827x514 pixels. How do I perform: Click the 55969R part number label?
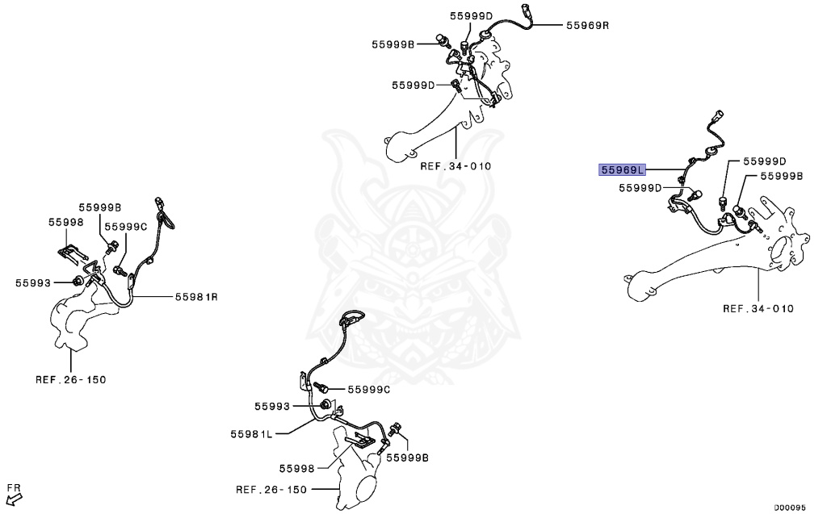point(587,25)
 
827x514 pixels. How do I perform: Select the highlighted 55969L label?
point(622,169)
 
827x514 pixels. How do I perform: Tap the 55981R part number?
point(197,297)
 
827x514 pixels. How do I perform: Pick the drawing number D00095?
point(790,508)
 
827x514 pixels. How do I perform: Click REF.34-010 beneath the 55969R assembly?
point(455,166)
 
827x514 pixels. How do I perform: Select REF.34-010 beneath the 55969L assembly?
point(758,308)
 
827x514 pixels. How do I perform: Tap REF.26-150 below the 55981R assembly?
point(70,378)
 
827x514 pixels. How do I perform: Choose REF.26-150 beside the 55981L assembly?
point(271,489)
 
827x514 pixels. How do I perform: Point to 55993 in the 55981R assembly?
point(33,282)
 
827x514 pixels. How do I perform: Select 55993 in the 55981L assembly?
point(273,406)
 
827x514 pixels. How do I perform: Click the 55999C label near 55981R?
point(126,226)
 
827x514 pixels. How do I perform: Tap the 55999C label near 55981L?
point(369,389)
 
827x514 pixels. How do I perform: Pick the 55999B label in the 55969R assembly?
point(393,44)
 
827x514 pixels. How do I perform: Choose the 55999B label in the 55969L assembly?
point(782,175)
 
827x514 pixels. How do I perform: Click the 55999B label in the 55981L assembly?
point(407,457)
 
